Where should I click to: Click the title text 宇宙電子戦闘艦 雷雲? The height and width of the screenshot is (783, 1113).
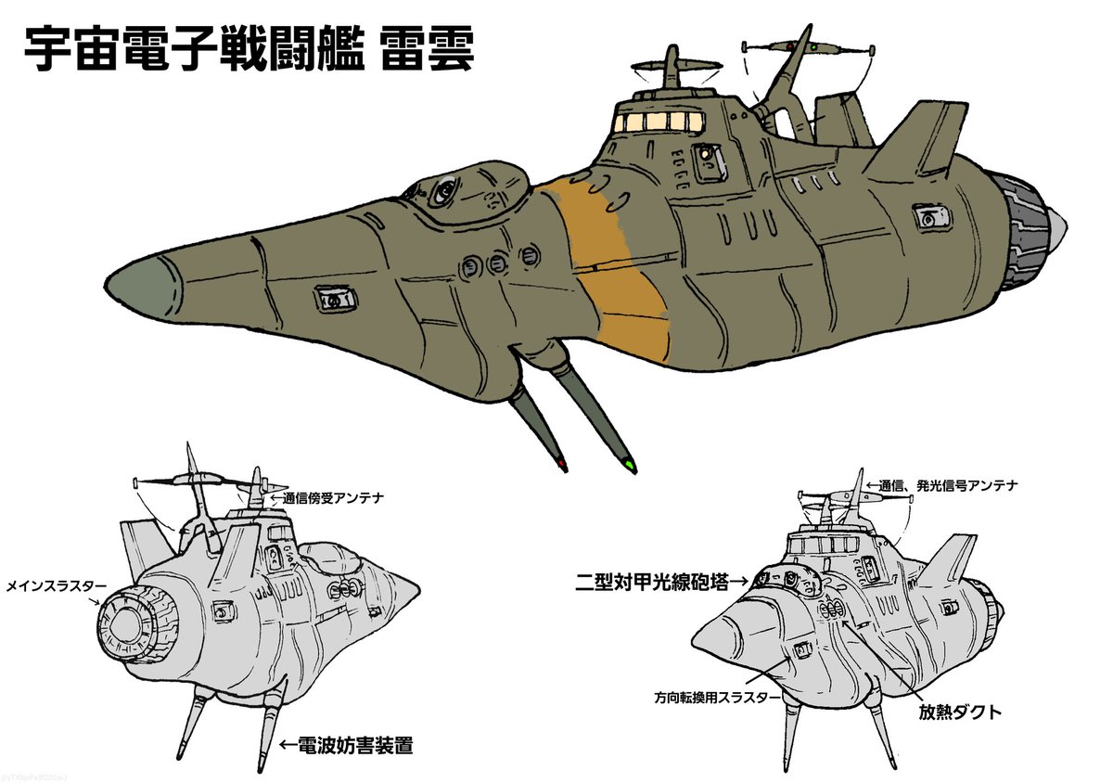248,50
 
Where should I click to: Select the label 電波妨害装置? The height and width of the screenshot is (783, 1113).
345,744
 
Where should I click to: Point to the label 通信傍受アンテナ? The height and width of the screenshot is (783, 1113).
326,498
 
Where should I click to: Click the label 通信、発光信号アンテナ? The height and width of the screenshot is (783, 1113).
942,484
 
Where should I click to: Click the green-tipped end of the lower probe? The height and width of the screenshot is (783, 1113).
630,463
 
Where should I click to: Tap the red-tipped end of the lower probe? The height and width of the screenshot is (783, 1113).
563,461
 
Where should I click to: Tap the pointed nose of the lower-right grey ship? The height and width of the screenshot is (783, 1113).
701,639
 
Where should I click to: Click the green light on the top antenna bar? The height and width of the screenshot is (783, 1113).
812,45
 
